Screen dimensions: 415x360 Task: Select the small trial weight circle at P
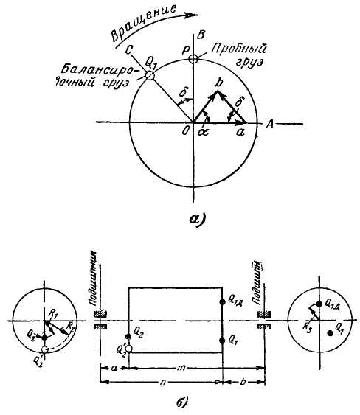tap(193, 60)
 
